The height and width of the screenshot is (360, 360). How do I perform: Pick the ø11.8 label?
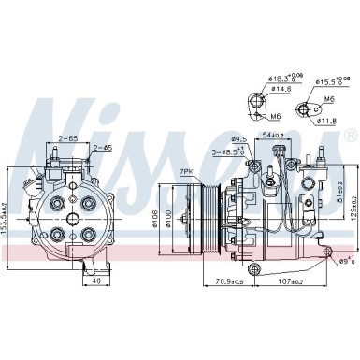[327, 121]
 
